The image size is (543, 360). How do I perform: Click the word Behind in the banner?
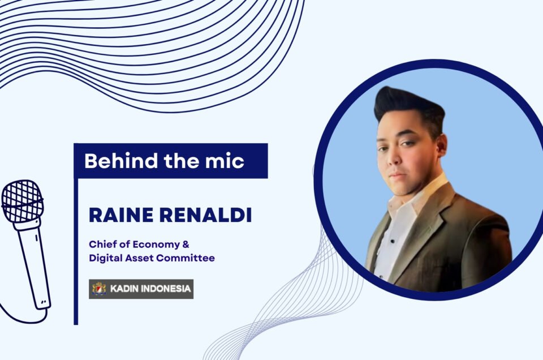point(121,161)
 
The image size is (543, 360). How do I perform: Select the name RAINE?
point(121,215)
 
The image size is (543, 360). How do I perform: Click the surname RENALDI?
point(205,215)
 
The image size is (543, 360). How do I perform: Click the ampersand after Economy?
point(186,245)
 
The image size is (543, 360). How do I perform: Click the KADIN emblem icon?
point(99,289)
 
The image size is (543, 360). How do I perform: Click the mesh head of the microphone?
point(22,201)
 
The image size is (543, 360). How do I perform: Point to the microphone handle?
point(33,265)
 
